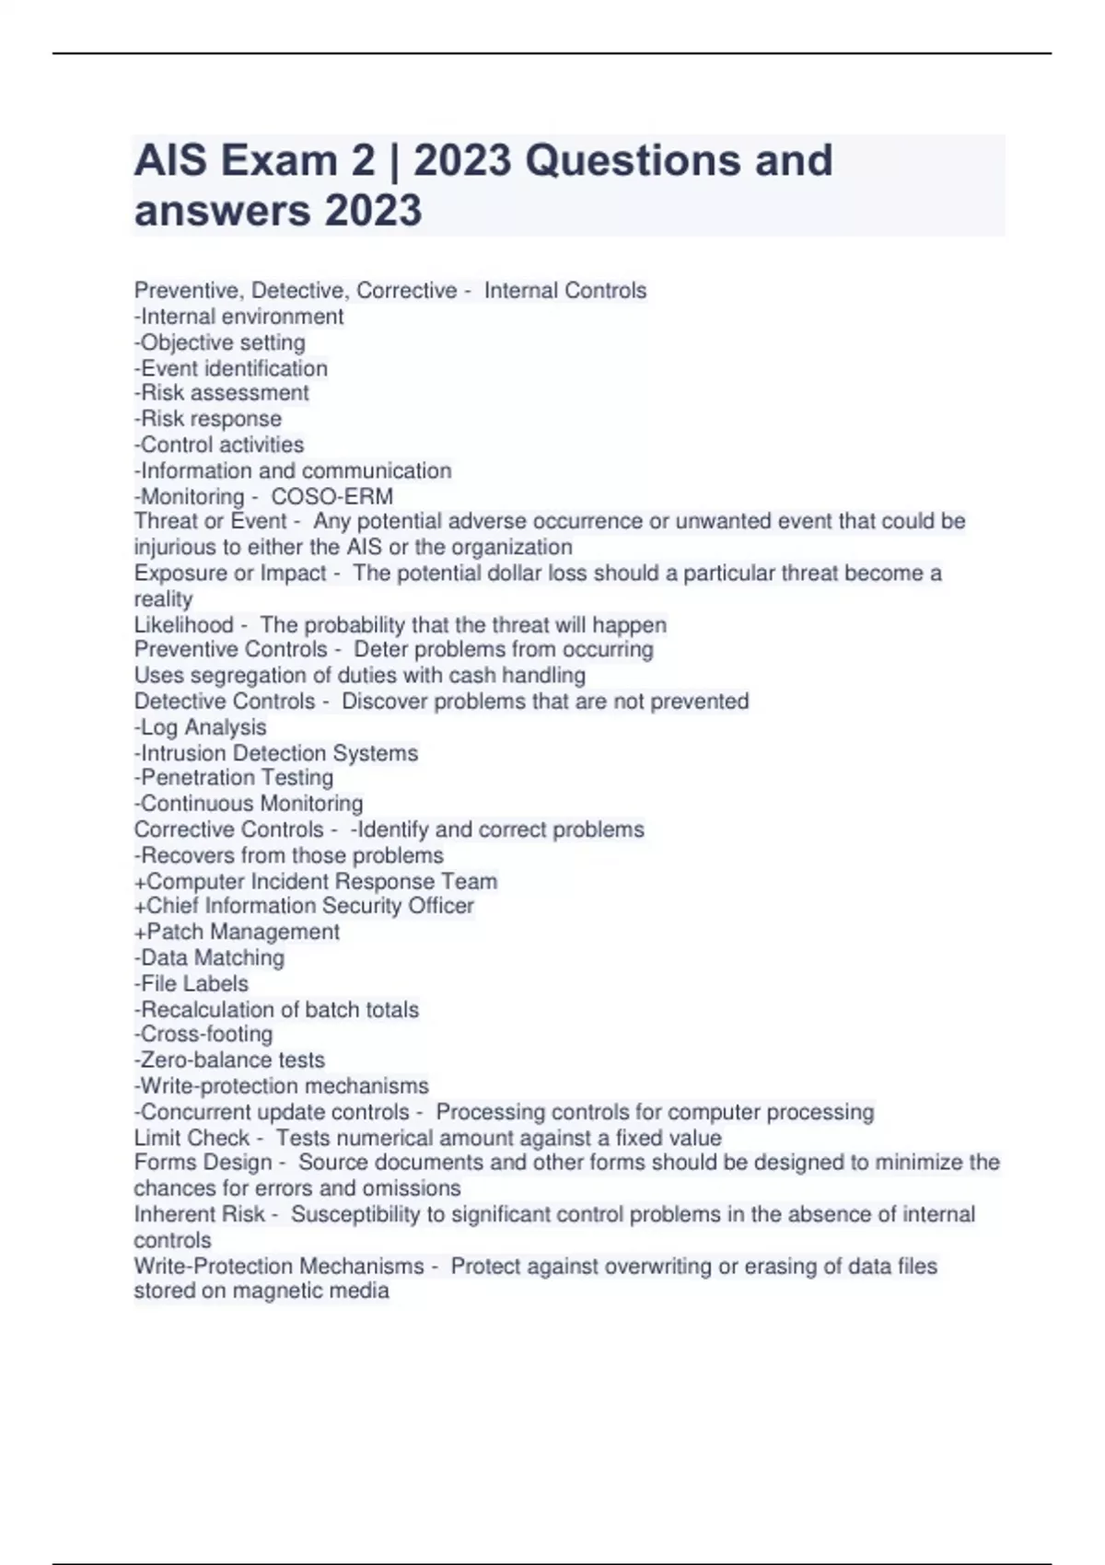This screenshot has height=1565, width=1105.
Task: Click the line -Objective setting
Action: (x=220, y=342)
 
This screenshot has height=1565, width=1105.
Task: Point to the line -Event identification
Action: (x=231, y=368)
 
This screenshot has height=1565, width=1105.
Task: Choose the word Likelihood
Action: (x=183, y=625)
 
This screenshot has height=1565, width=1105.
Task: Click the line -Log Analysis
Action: (x=201, y=727)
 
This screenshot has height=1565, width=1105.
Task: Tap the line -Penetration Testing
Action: (x=234, y=778)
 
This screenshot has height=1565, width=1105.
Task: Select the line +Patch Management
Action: (x=237, y=932)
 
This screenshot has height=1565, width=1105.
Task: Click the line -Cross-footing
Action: (x=204, y=1034)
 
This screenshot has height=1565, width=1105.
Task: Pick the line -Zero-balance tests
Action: (x=229, y=1060)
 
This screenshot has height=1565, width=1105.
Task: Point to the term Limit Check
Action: (x=192, y=1138)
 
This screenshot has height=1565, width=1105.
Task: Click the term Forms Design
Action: (x=203, y=1163)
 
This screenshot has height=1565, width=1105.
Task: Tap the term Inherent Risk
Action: (x=199, y=1214)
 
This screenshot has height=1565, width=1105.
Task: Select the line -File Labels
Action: (x=192, y=983)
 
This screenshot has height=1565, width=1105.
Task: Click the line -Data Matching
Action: (x=209, y=957)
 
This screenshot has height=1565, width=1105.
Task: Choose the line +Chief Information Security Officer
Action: (x=304, y=906)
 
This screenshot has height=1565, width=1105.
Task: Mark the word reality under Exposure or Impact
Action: (x=163, y=599)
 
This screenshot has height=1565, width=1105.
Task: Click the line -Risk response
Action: (x=208, y=419)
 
